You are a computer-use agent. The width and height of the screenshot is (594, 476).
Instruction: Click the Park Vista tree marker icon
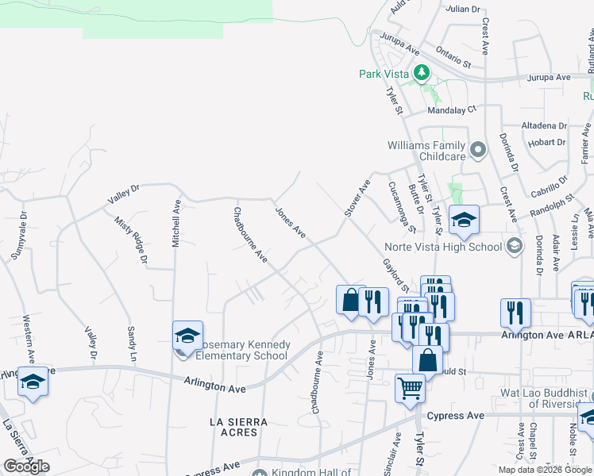tap(422, 74)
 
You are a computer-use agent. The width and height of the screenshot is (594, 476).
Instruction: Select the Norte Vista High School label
tap(443, 247)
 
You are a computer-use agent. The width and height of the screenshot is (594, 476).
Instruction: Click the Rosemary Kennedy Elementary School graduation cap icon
tap(187, 336)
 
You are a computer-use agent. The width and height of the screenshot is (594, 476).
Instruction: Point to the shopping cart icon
tap(410, 389)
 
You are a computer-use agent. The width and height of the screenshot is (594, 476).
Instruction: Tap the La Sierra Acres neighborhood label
tap(238, 427)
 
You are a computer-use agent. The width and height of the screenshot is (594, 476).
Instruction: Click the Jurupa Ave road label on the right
tap(550, 78)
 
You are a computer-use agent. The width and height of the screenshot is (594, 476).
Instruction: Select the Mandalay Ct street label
tap(451, 110)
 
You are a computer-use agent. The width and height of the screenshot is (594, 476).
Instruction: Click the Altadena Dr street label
tap(544, 126)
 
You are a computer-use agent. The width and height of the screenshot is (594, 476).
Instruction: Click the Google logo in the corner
tap(26, 466)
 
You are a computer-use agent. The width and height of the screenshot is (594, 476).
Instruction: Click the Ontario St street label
tap(453, 58)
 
